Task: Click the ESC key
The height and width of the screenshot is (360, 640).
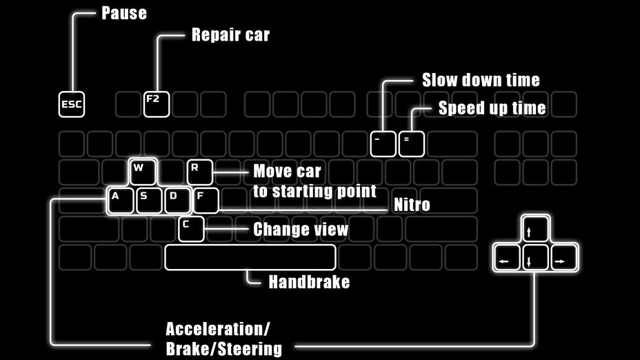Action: [x=72, y=104]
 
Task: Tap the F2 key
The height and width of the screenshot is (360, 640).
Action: [x=157, y=104]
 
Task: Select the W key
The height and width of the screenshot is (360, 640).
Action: [x=143, y=172]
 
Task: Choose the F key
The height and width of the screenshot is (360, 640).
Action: [x=206, y=200]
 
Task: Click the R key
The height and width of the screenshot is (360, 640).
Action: [x=199, y=172]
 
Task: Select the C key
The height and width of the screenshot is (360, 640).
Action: [x=191, y=228]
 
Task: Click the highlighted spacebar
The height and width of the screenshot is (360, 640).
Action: [x=250, y=257]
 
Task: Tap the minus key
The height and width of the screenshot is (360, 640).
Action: [x=383, y=143]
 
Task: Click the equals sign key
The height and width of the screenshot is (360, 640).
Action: [x=411, y=143]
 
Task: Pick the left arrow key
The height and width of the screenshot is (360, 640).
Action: [x=507, y=257]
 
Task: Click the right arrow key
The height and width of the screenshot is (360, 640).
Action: [x=563, y=257]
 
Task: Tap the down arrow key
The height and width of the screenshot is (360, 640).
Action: [x=535, y=257]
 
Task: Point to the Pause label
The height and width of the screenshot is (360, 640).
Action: [x=124, y=13]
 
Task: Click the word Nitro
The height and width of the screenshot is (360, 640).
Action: [x=412, y=204]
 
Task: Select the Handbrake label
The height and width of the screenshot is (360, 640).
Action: [x=309, y=281]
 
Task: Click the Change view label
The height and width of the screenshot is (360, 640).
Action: [x=301, y=229]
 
